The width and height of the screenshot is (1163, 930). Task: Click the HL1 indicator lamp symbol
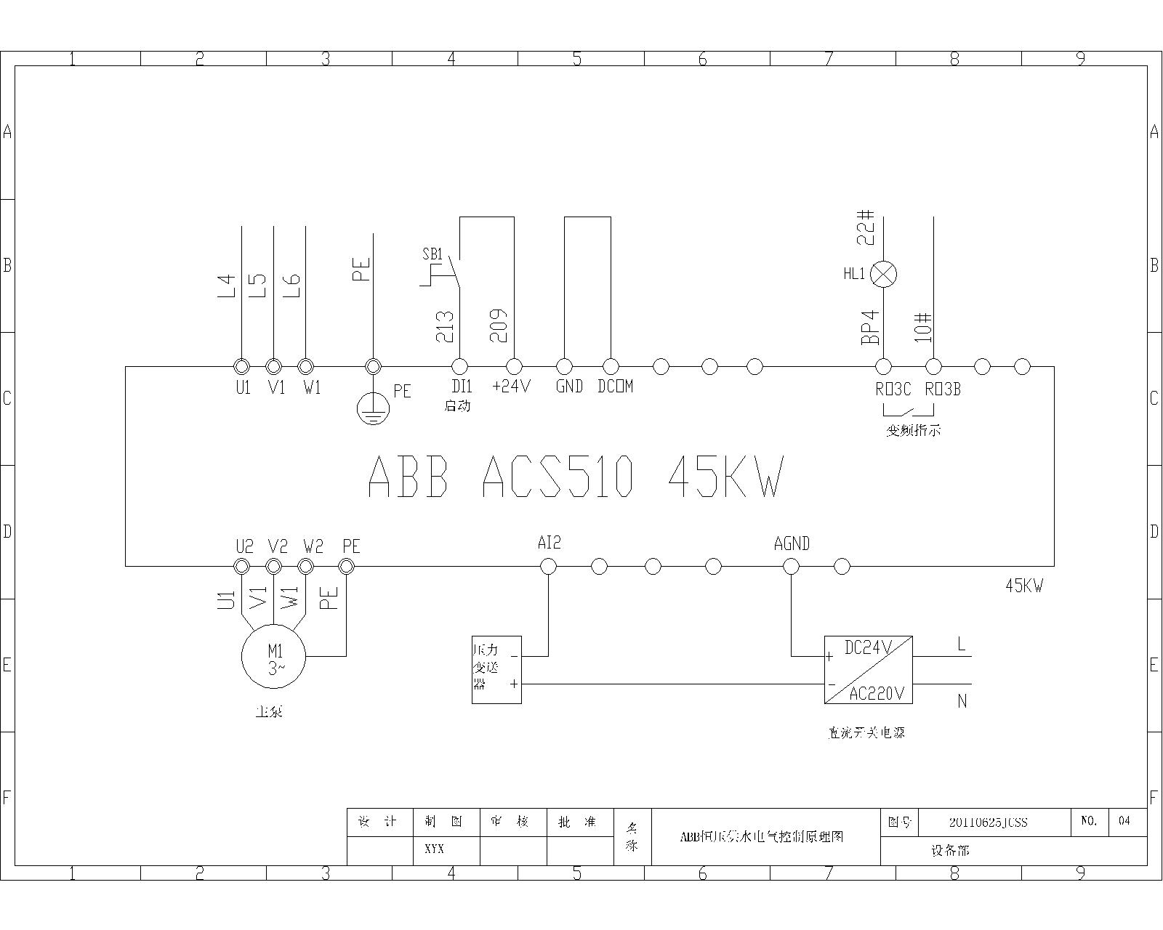(x=884, y=274)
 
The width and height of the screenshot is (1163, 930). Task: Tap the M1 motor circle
(x=273, y=655)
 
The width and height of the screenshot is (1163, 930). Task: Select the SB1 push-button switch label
(x=432, y=254)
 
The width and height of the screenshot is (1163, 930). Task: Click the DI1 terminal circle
(x=459, y=367)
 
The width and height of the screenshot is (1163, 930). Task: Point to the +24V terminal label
(x=512, y=387)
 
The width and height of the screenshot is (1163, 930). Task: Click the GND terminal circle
(x=564, y=367)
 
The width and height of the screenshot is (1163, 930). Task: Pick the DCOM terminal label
(x=615, y=387)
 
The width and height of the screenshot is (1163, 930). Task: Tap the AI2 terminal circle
(x=549, y=566)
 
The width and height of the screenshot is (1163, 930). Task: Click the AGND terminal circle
(x=791, y=566)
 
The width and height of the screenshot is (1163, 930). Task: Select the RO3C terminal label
(x=893, y=389)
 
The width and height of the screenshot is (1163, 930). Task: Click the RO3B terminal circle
(x=933, y=367)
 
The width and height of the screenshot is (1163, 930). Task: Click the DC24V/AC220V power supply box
(x=868, y=670)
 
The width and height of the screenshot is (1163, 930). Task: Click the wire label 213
(x=445, y=326)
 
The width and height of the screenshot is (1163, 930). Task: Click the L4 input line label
(x=228, y=285)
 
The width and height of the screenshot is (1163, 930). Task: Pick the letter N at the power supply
(x=962, y=701)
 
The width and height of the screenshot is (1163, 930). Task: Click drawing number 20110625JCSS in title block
(x=988, y=822)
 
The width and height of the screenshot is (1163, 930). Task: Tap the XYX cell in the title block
(x=434, y=849)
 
